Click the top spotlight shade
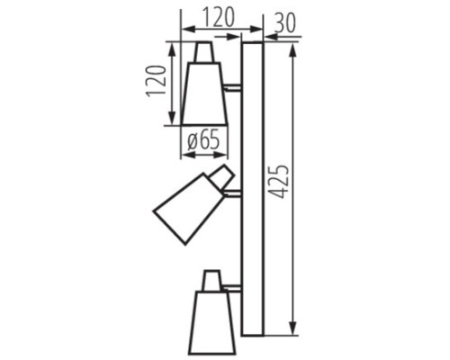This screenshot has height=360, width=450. (x=204, y=94)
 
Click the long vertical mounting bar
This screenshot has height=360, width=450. (x=252, y=188)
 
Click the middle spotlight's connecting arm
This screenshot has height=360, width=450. (x=232, y=192)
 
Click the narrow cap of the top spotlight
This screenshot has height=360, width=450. (x=204, y=51)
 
